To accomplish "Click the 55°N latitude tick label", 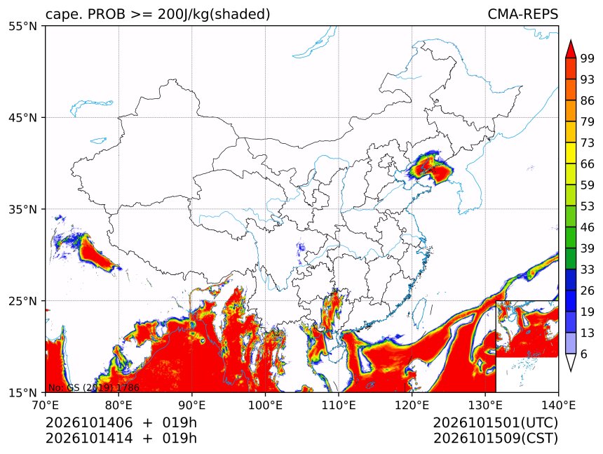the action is coord(22,26).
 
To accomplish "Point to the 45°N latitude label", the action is coord(22,117).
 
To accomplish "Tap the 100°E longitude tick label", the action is coord(265,405).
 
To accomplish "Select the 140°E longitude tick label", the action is coord(558,405).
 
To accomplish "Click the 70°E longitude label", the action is coord(46,405).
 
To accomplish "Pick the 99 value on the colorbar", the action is coord(588,58).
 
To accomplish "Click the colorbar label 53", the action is coord(588,206).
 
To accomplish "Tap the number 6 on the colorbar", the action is coord(584,354).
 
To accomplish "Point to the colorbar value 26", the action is coord(588,291).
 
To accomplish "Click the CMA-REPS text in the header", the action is coord(522,14).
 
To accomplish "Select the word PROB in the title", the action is coord(107,14).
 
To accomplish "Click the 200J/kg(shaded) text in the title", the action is coord(214,15).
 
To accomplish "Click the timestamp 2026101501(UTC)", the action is coord(495,422).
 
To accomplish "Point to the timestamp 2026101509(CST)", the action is coord(495,439).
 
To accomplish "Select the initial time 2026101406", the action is coord(89,422).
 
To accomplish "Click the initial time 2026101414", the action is coord(89,439).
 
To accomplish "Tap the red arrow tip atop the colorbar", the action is coord(571,41).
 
